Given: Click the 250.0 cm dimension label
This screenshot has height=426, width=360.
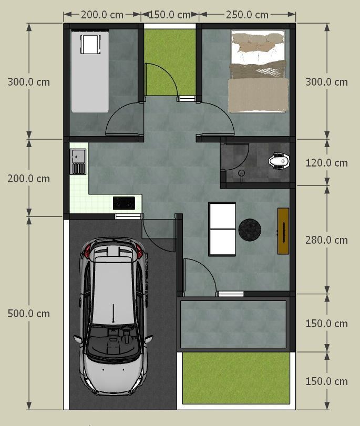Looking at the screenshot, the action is click(x=247, y=15).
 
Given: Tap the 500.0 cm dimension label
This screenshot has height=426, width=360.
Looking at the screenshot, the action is click(x=28, y=314).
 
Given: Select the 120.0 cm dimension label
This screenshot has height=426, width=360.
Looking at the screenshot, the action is click(x=326, y=163).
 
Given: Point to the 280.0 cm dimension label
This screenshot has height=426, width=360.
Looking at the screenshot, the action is click(x=326, y=240).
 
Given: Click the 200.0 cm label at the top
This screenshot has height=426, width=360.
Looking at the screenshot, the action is click(x=102, y=15).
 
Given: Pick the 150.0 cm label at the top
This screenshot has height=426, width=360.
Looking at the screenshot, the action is click(x=169, y=15).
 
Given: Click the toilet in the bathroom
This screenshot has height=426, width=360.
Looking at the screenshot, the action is click(x=279, y=161).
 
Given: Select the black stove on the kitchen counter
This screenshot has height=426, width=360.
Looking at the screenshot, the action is click(x=124, y=203).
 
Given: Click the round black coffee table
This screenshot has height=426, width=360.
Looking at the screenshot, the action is click(x=250, y=230).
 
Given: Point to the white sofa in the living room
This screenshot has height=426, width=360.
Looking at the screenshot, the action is click(x=222, y=230).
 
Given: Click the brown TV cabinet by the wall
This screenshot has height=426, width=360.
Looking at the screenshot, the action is click(x=283, y=231).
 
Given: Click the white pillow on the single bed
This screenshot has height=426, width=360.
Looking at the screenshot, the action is click(x=90, y=44).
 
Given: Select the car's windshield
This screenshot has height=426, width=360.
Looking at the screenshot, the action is click(x=113, y=339).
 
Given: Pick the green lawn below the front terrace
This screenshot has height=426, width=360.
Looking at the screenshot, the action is click(x=236, y=378).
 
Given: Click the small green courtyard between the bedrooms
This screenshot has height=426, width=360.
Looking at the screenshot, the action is click(x=170, y=62).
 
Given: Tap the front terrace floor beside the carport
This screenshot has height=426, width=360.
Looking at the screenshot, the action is click(x=233, y=324).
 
